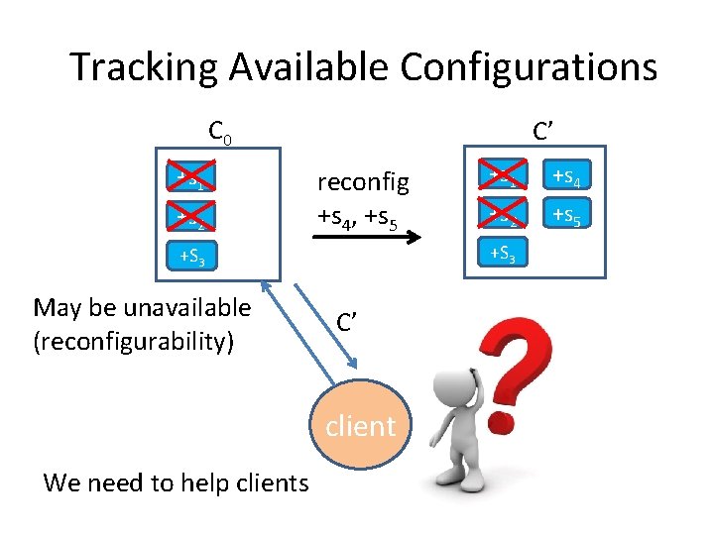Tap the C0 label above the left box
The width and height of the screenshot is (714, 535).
pos(219,132)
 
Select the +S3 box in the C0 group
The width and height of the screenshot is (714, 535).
pos(192,260)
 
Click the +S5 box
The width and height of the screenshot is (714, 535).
pos(565,215)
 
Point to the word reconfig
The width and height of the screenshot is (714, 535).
pos(363,182)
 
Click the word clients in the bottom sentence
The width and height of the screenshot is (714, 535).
pos(267,482)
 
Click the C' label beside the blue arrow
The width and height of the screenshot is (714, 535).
pos(348,322)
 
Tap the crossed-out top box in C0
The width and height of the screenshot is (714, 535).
pos(192,178)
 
